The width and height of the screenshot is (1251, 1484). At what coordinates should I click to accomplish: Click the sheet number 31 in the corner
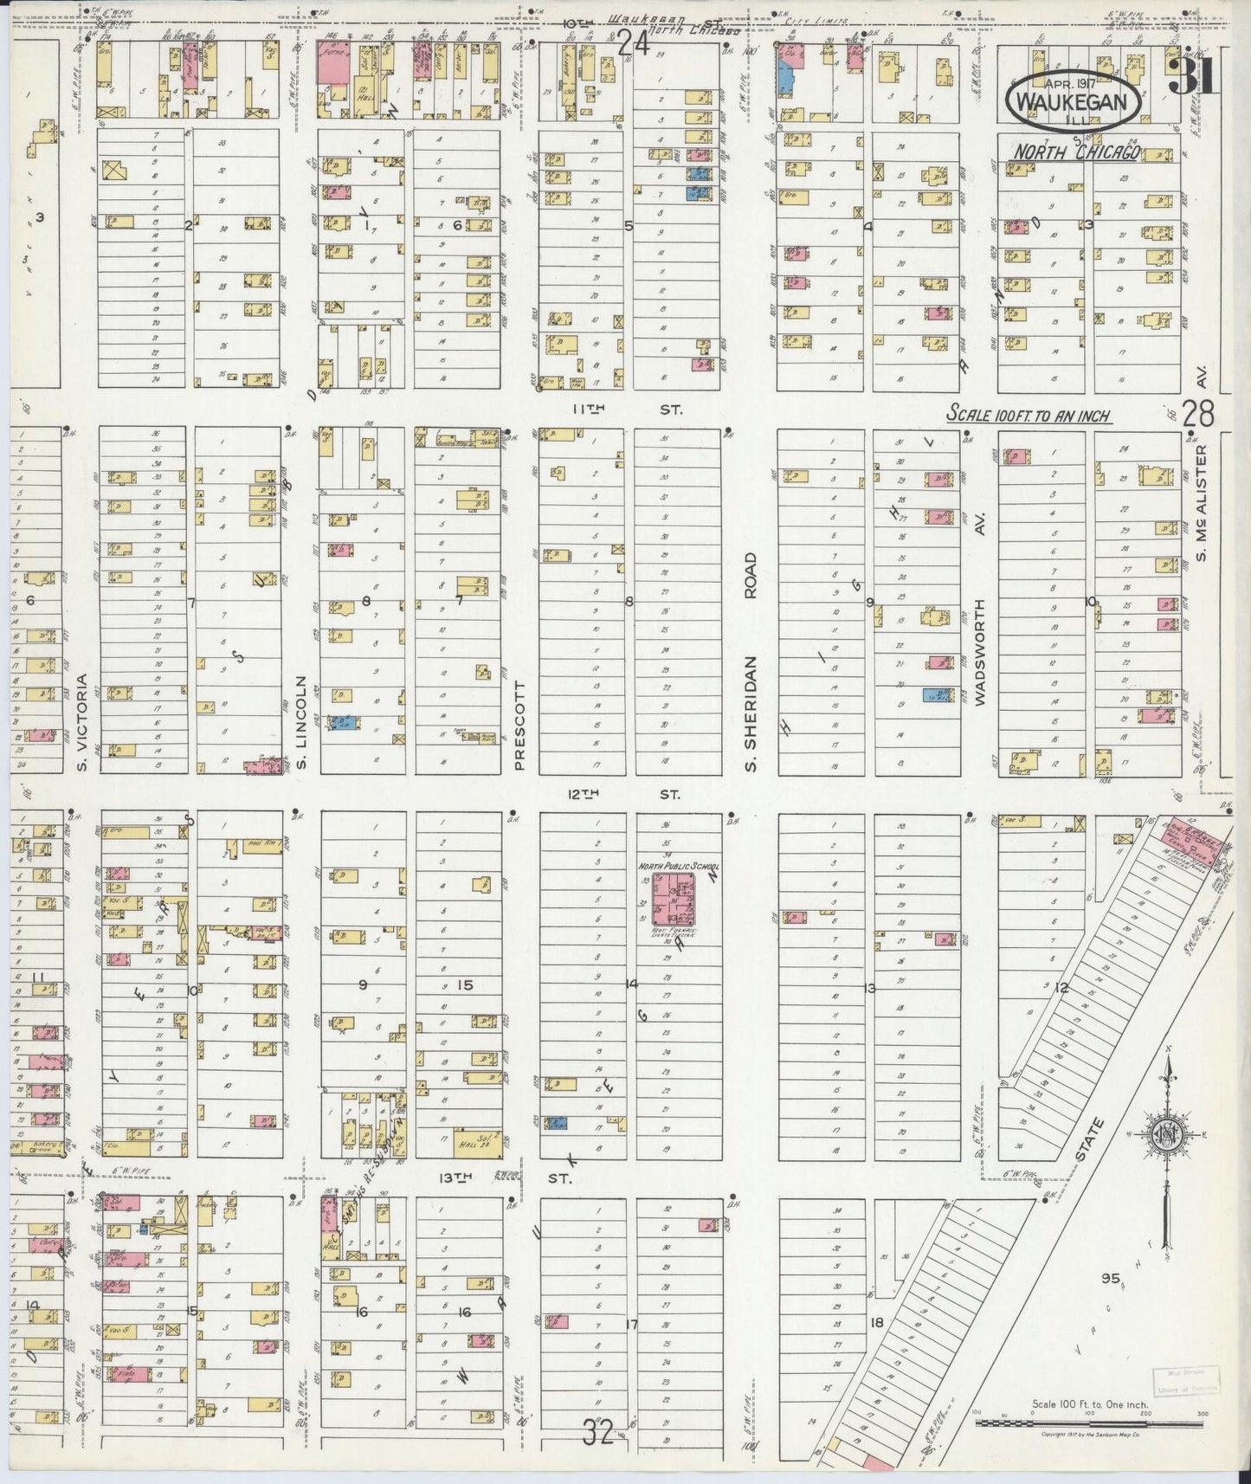(1194, 79)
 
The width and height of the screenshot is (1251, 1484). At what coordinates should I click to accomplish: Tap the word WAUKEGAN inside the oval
(1074, 102)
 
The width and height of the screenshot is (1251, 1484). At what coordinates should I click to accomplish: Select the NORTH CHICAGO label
(1076, 152)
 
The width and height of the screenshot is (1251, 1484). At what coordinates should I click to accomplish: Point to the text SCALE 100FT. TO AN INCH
(1029, 415)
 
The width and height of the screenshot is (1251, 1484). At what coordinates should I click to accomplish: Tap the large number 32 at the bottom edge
(598, 1434)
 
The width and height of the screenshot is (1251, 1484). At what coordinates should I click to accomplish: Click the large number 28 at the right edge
(1198, 414)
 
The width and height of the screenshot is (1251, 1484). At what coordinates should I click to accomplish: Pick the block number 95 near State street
(1111, 1278)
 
